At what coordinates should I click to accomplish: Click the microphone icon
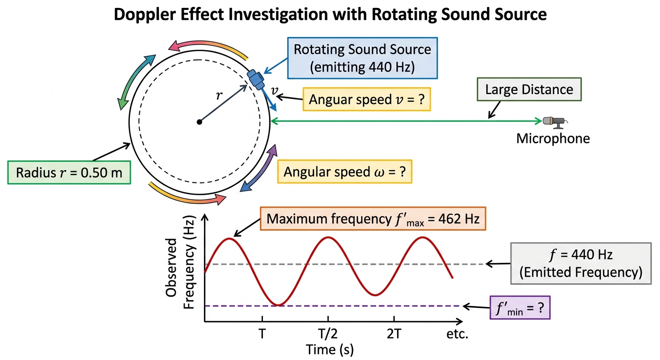555,122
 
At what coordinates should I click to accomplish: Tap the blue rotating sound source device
255,79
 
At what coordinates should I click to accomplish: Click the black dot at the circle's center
200,122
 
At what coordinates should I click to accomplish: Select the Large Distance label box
529,89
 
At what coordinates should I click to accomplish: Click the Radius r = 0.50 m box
69,172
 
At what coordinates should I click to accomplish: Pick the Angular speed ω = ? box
345,172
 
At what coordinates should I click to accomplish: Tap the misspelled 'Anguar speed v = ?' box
367,99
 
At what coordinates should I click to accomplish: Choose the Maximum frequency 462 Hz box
373,218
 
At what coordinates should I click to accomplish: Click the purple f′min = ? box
520,307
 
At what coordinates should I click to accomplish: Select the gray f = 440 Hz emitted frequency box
581,263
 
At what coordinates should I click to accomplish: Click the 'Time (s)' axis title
330,350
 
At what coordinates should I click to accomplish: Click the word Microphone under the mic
553,138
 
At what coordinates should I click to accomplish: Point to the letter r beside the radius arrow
219,95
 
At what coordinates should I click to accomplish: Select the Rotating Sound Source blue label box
362,58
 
